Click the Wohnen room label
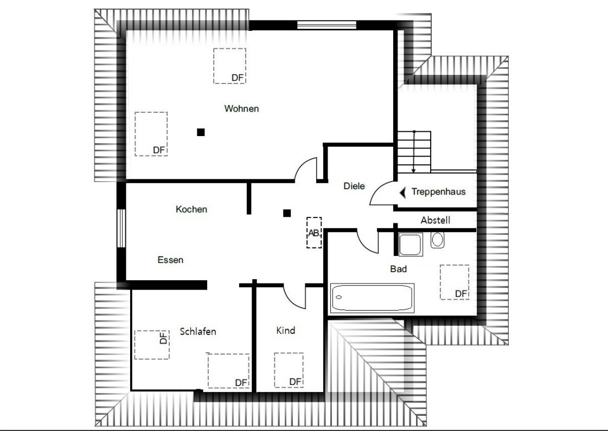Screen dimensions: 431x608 coord(241,108)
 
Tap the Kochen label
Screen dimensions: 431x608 coord(191,209)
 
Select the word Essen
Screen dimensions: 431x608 coord(170,260)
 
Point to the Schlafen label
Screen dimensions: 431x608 coord(198,332)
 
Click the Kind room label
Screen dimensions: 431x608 coord(285,330)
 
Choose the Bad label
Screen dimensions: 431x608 coord(398,268)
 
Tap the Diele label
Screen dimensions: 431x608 coord(354,186)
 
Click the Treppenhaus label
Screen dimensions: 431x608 coord(438,191)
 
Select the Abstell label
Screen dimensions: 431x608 coord(436,221)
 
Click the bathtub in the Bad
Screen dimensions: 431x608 coord(372,297)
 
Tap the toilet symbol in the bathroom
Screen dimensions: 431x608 coord(438,240)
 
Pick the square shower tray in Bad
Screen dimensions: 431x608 coord(410,245)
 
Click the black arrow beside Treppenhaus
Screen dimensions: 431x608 coord(402,192)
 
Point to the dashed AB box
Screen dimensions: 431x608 coord(314,233)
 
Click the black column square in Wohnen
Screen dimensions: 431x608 coord(201,132)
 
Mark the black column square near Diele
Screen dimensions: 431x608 coord(287,213)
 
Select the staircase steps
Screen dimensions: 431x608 coord(414,152)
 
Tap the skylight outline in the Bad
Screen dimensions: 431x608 coord(455,282)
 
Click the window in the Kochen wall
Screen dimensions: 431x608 coord(121,229)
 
